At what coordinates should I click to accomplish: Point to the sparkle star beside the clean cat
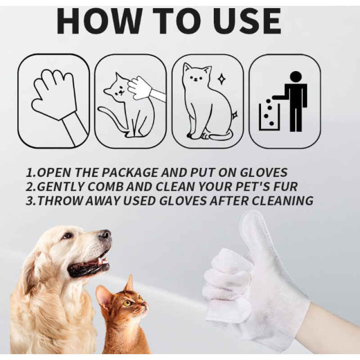tap(221, 80)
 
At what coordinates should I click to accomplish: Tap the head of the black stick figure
tap(295, 77)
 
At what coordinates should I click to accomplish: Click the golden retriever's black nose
tap(105, 234)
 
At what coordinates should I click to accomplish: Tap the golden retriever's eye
tap(67, 235)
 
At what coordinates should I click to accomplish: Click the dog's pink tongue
tap(92, 262)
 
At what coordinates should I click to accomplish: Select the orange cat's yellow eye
tap(127, 302)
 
